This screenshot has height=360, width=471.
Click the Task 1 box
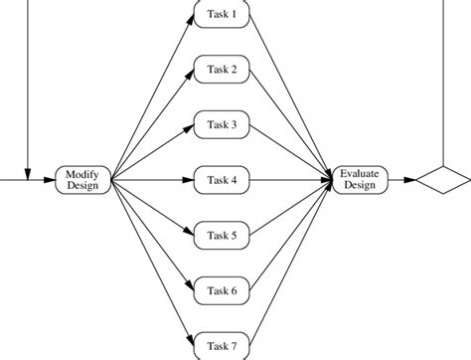pyautogui.click(x=222, y=15)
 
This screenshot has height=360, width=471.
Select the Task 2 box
pyautogui.click(x=222, y=70)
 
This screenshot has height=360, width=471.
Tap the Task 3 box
pyautogui.click(x=222, y=125)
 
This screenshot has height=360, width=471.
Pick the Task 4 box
pyautogui.click(x=222, y=180)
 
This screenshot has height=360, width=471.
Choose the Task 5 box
pyautogui.click(x=222, y=236)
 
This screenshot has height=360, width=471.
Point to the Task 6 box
pyautogui.click(x=222, y=290)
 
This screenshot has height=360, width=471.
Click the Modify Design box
pyautogui.click(x=82, y=180)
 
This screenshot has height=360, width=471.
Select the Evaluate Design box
pyautogui.click(x=359, y=180)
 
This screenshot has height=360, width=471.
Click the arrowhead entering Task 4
pyautogui.click(x=187, y=180)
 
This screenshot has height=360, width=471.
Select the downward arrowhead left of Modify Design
pyautogui.click(x=28, y=175)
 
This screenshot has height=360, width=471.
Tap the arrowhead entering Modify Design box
pyautogui.click(x=52, y=180)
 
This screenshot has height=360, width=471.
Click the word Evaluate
pyautogui.click(x=359, y=174)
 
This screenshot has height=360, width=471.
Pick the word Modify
pyautogui.click(x=82, y=174)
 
